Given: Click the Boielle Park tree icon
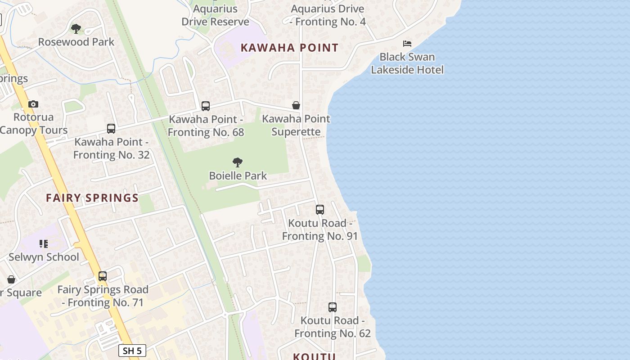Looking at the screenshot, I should click(238, 162).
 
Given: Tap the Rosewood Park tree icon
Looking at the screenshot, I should click(76, 29).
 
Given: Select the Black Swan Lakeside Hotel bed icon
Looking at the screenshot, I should click(407, 44).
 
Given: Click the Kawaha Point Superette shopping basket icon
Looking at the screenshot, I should click(296, 105).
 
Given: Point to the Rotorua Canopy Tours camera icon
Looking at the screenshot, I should click(33, 104).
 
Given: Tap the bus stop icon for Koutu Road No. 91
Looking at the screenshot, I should click(320, 210).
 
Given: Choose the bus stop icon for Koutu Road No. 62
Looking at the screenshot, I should click(333, 307).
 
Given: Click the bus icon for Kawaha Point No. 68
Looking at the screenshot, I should click(206, 106).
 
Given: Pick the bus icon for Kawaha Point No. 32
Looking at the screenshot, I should click(111, 129).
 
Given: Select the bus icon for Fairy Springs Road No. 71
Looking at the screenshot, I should click(103, 276).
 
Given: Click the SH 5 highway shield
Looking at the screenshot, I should click(132, 351).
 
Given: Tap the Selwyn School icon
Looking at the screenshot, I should click(44, 244).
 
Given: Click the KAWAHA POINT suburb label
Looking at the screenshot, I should click(289, 48).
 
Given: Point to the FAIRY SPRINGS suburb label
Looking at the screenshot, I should click(92, 198).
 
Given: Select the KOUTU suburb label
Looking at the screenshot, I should click(314, 356).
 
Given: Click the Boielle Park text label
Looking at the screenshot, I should click(238, 176).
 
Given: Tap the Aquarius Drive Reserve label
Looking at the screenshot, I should click(215, 15).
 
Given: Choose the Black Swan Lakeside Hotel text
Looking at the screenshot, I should click(407, 63).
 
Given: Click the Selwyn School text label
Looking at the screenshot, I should click(44, 257).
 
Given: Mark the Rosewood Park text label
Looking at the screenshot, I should click(76, 42).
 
